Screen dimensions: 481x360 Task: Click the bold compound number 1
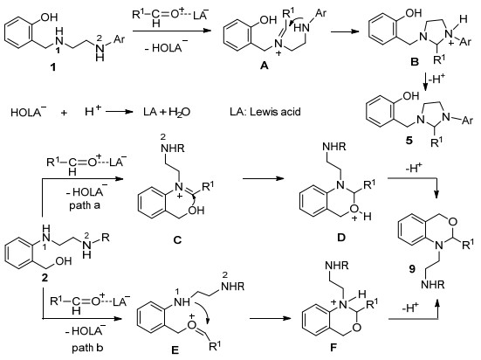pos(53,66)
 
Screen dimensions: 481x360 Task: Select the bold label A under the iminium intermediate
pos(265,66)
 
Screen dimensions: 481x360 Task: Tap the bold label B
pos(415,62)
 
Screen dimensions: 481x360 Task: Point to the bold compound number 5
pos(409,141)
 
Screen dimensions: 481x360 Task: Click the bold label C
pos(177,239)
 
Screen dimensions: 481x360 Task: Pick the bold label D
pos(341,237)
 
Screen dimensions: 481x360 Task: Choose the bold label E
pos(175,350)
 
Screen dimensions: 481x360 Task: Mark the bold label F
pos(333,348)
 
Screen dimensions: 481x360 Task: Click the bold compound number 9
pos(412,269)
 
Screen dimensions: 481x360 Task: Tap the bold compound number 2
pos(45,278)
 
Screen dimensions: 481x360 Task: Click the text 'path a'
pos(85,205)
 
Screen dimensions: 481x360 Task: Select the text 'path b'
pos(87,348)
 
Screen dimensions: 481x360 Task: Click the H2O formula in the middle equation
pos(180,112)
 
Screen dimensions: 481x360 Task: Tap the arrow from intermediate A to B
pos(345,31)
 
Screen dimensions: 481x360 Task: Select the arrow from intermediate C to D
pos(262,178)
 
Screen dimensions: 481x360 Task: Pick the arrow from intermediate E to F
pos(270,318)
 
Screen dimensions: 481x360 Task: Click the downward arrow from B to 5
pos(426,82)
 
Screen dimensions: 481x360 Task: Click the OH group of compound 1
pos(49,17)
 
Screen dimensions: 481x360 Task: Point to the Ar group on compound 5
pos(467,120)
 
